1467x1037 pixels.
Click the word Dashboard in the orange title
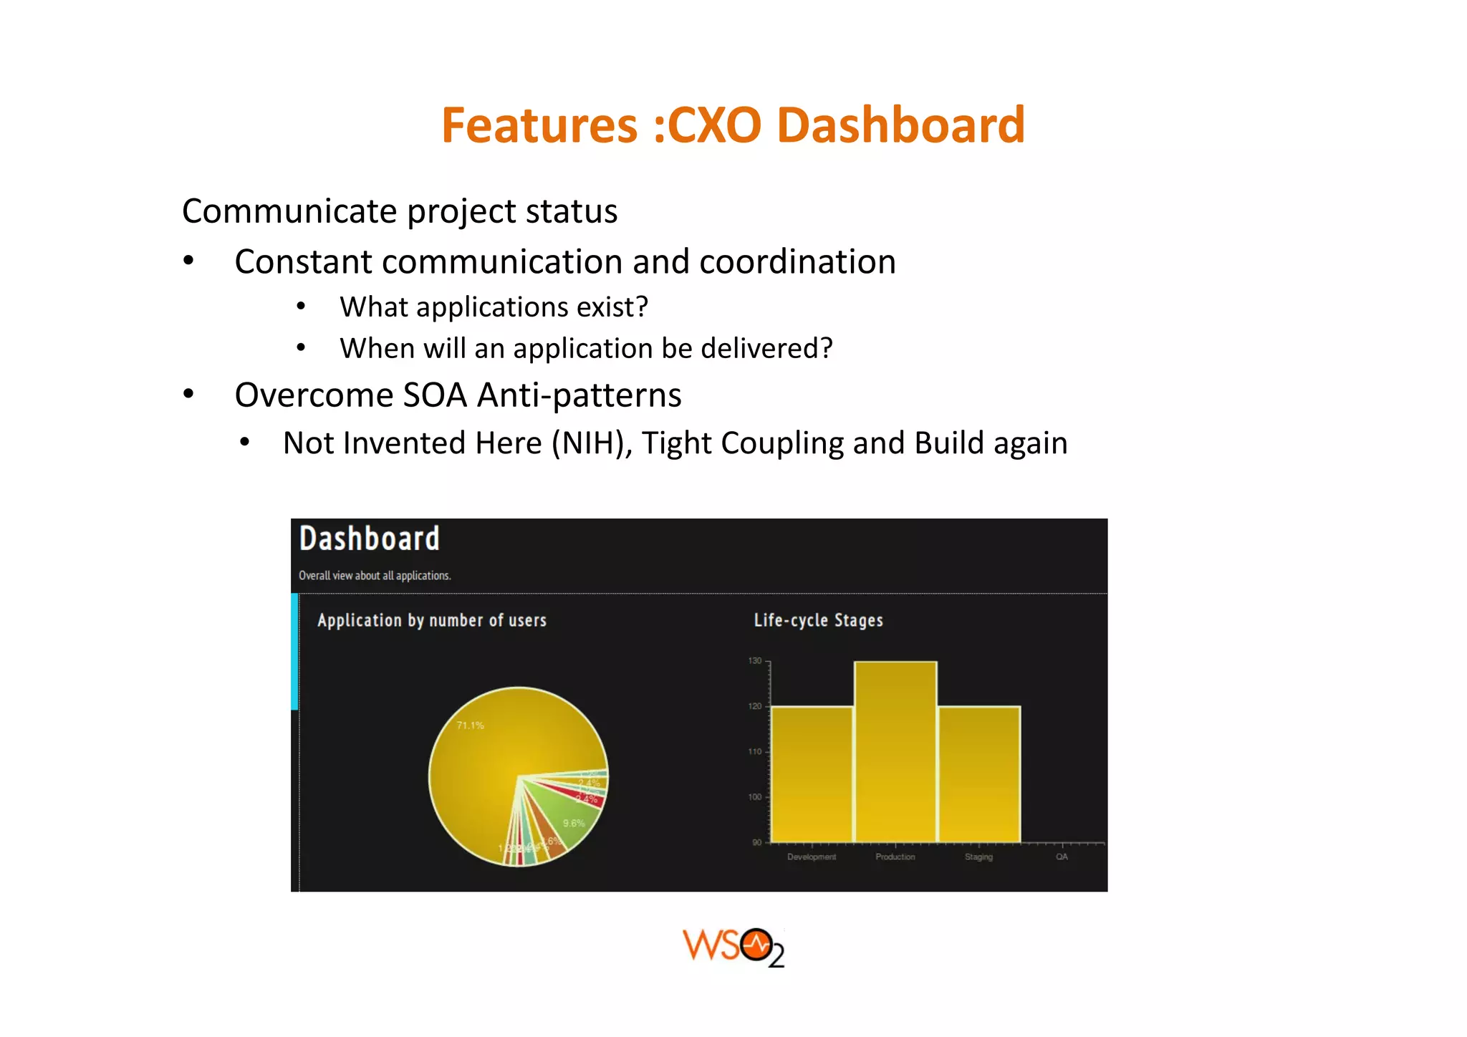[900, 125]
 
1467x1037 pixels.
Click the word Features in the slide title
[539, 125]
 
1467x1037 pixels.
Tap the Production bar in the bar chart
[895, 752]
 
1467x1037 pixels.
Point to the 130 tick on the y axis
[755, 661]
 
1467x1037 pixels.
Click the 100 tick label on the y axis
[755, 797]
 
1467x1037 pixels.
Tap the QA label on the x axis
[1062, 857]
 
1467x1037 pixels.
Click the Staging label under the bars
[978, 857]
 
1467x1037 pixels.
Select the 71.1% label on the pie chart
[471, 725]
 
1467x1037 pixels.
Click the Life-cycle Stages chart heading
[818, 620]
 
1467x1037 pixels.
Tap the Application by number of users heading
[432, 620]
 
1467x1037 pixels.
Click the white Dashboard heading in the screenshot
[369, 539]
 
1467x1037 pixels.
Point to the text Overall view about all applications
[375, 576]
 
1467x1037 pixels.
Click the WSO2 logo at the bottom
[733, 947]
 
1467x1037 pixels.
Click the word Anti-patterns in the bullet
[579, 395]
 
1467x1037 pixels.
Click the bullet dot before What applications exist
[302, 307]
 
